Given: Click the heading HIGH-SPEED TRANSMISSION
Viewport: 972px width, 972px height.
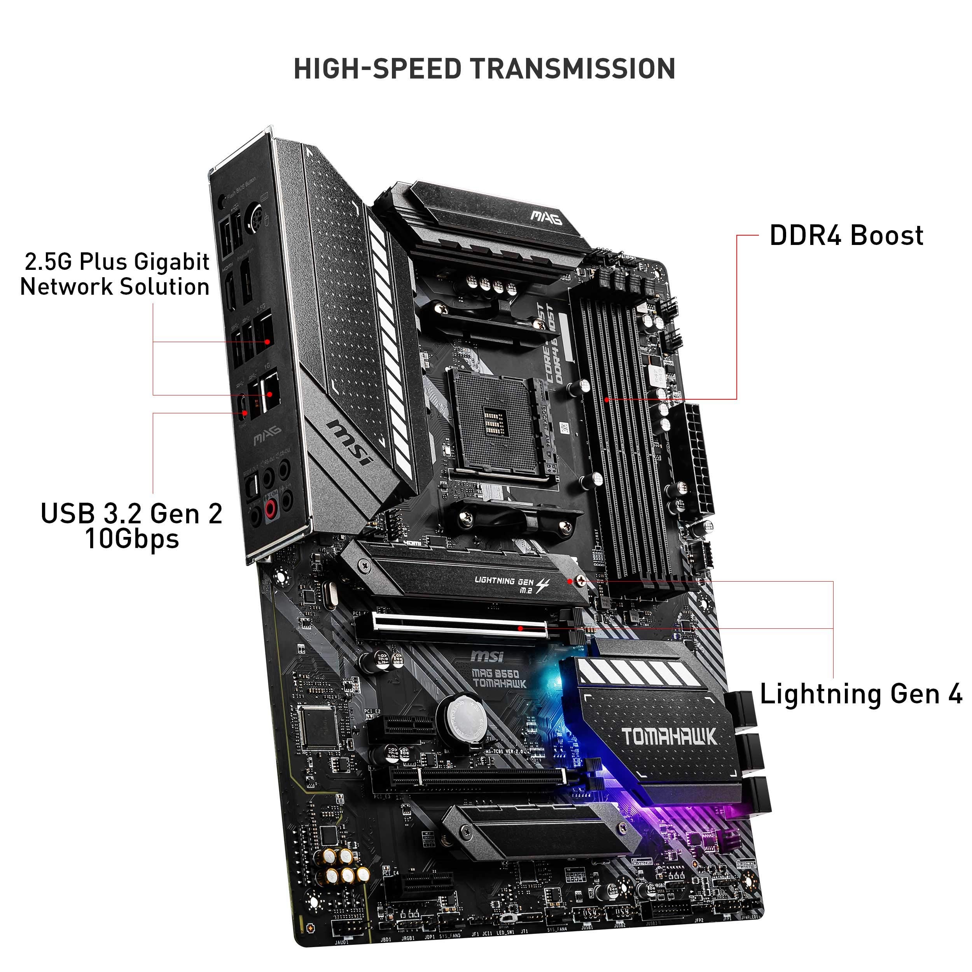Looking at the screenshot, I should coord(484,69).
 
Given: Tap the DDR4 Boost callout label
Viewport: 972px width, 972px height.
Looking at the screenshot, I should coord(846,236).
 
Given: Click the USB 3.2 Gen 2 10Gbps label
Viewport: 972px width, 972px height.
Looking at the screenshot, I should coord(132,526).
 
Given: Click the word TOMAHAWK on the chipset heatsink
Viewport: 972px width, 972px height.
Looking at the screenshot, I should coord(669,737).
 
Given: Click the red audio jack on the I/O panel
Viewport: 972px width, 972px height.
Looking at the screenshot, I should coord(271,508).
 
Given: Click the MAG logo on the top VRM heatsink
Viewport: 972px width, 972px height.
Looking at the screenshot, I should coord(546,217).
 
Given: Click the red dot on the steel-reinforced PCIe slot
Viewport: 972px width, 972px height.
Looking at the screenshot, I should coord(521,628).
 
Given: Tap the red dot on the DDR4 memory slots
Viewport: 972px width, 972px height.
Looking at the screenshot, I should coord(607,400).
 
